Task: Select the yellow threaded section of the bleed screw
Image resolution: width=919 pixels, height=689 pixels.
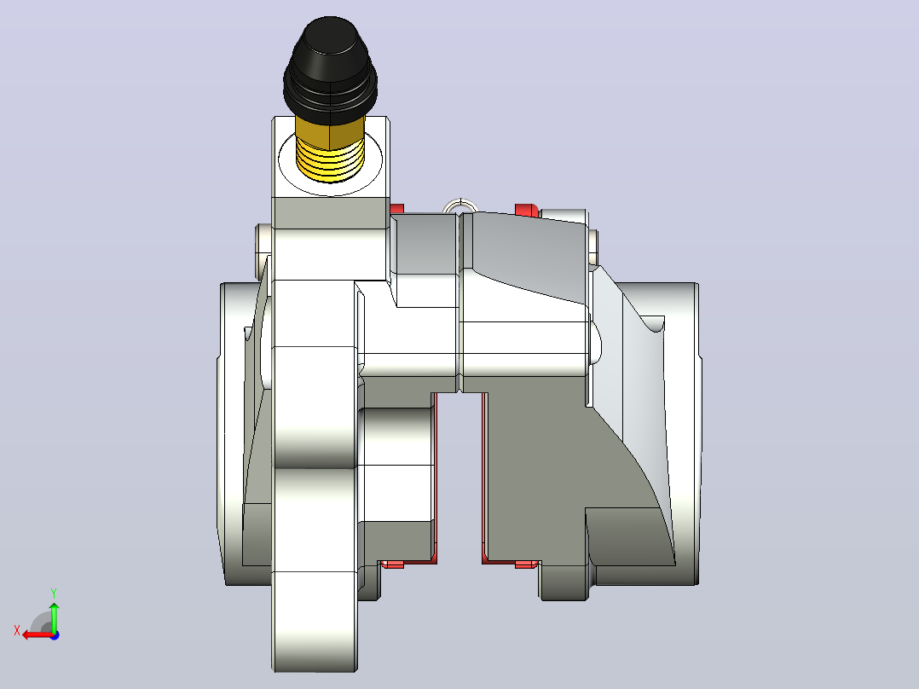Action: click(330, 159)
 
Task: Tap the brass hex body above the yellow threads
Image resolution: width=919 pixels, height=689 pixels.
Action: click(330, 129)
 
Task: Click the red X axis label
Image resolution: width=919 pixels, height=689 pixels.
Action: click(17, 631)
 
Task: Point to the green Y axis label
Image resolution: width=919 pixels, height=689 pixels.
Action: click(54, 593)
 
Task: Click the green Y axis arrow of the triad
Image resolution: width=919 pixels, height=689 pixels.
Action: click(54, 617)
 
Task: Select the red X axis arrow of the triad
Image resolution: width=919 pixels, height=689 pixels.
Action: click(38, 634)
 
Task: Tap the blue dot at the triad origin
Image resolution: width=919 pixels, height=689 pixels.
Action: click(55, 635)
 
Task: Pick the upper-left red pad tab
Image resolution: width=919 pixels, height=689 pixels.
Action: click(396, 209)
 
